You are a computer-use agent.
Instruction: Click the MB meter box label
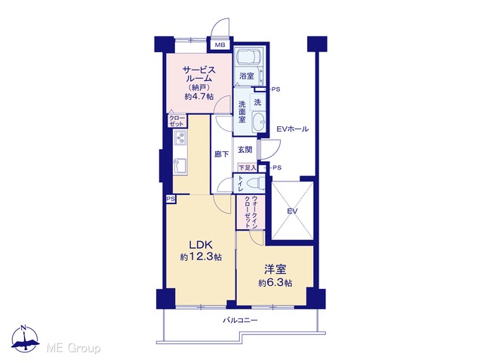click(220, 45)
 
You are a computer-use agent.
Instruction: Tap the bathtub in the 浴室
click(249, 57)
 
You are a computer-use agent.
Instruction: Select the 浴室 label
click(247, 76)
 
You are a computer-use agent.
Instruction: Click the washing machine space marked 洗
click(257, 102)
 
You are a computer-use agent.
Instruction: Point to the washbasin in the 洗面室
click(258, 122)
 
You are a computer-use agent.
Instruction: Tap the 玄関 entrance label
click(245, 150)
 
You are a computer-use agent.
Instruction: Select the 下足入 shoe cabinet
click(248, 168)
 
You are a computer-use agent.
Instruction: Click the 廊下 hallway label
click(221, 154)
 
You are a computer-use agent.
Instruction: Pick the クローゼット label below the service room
click(177, 121)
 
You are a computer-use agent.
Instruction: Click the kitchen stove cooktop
click(180, 138)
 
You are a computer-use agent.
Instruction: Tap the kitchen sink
click(180, 166)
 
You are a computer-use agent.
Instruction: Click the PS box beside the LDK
click(171, 199)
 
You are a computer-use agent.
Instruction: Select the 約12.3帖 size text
click(201, 257)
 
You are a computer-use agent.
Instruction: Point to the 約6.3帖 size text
click(275, 283)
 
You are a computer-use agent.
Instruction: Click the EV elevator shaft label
click(292, 212)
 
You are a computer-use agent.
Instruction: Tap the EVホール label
click(292, 129)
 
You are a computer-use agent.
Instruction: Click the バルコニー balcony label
click(240, 321)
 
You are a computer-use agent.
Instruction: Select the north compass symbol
click(25, 339)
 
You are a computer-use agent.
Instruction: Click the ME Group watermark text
click(73, 349)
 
